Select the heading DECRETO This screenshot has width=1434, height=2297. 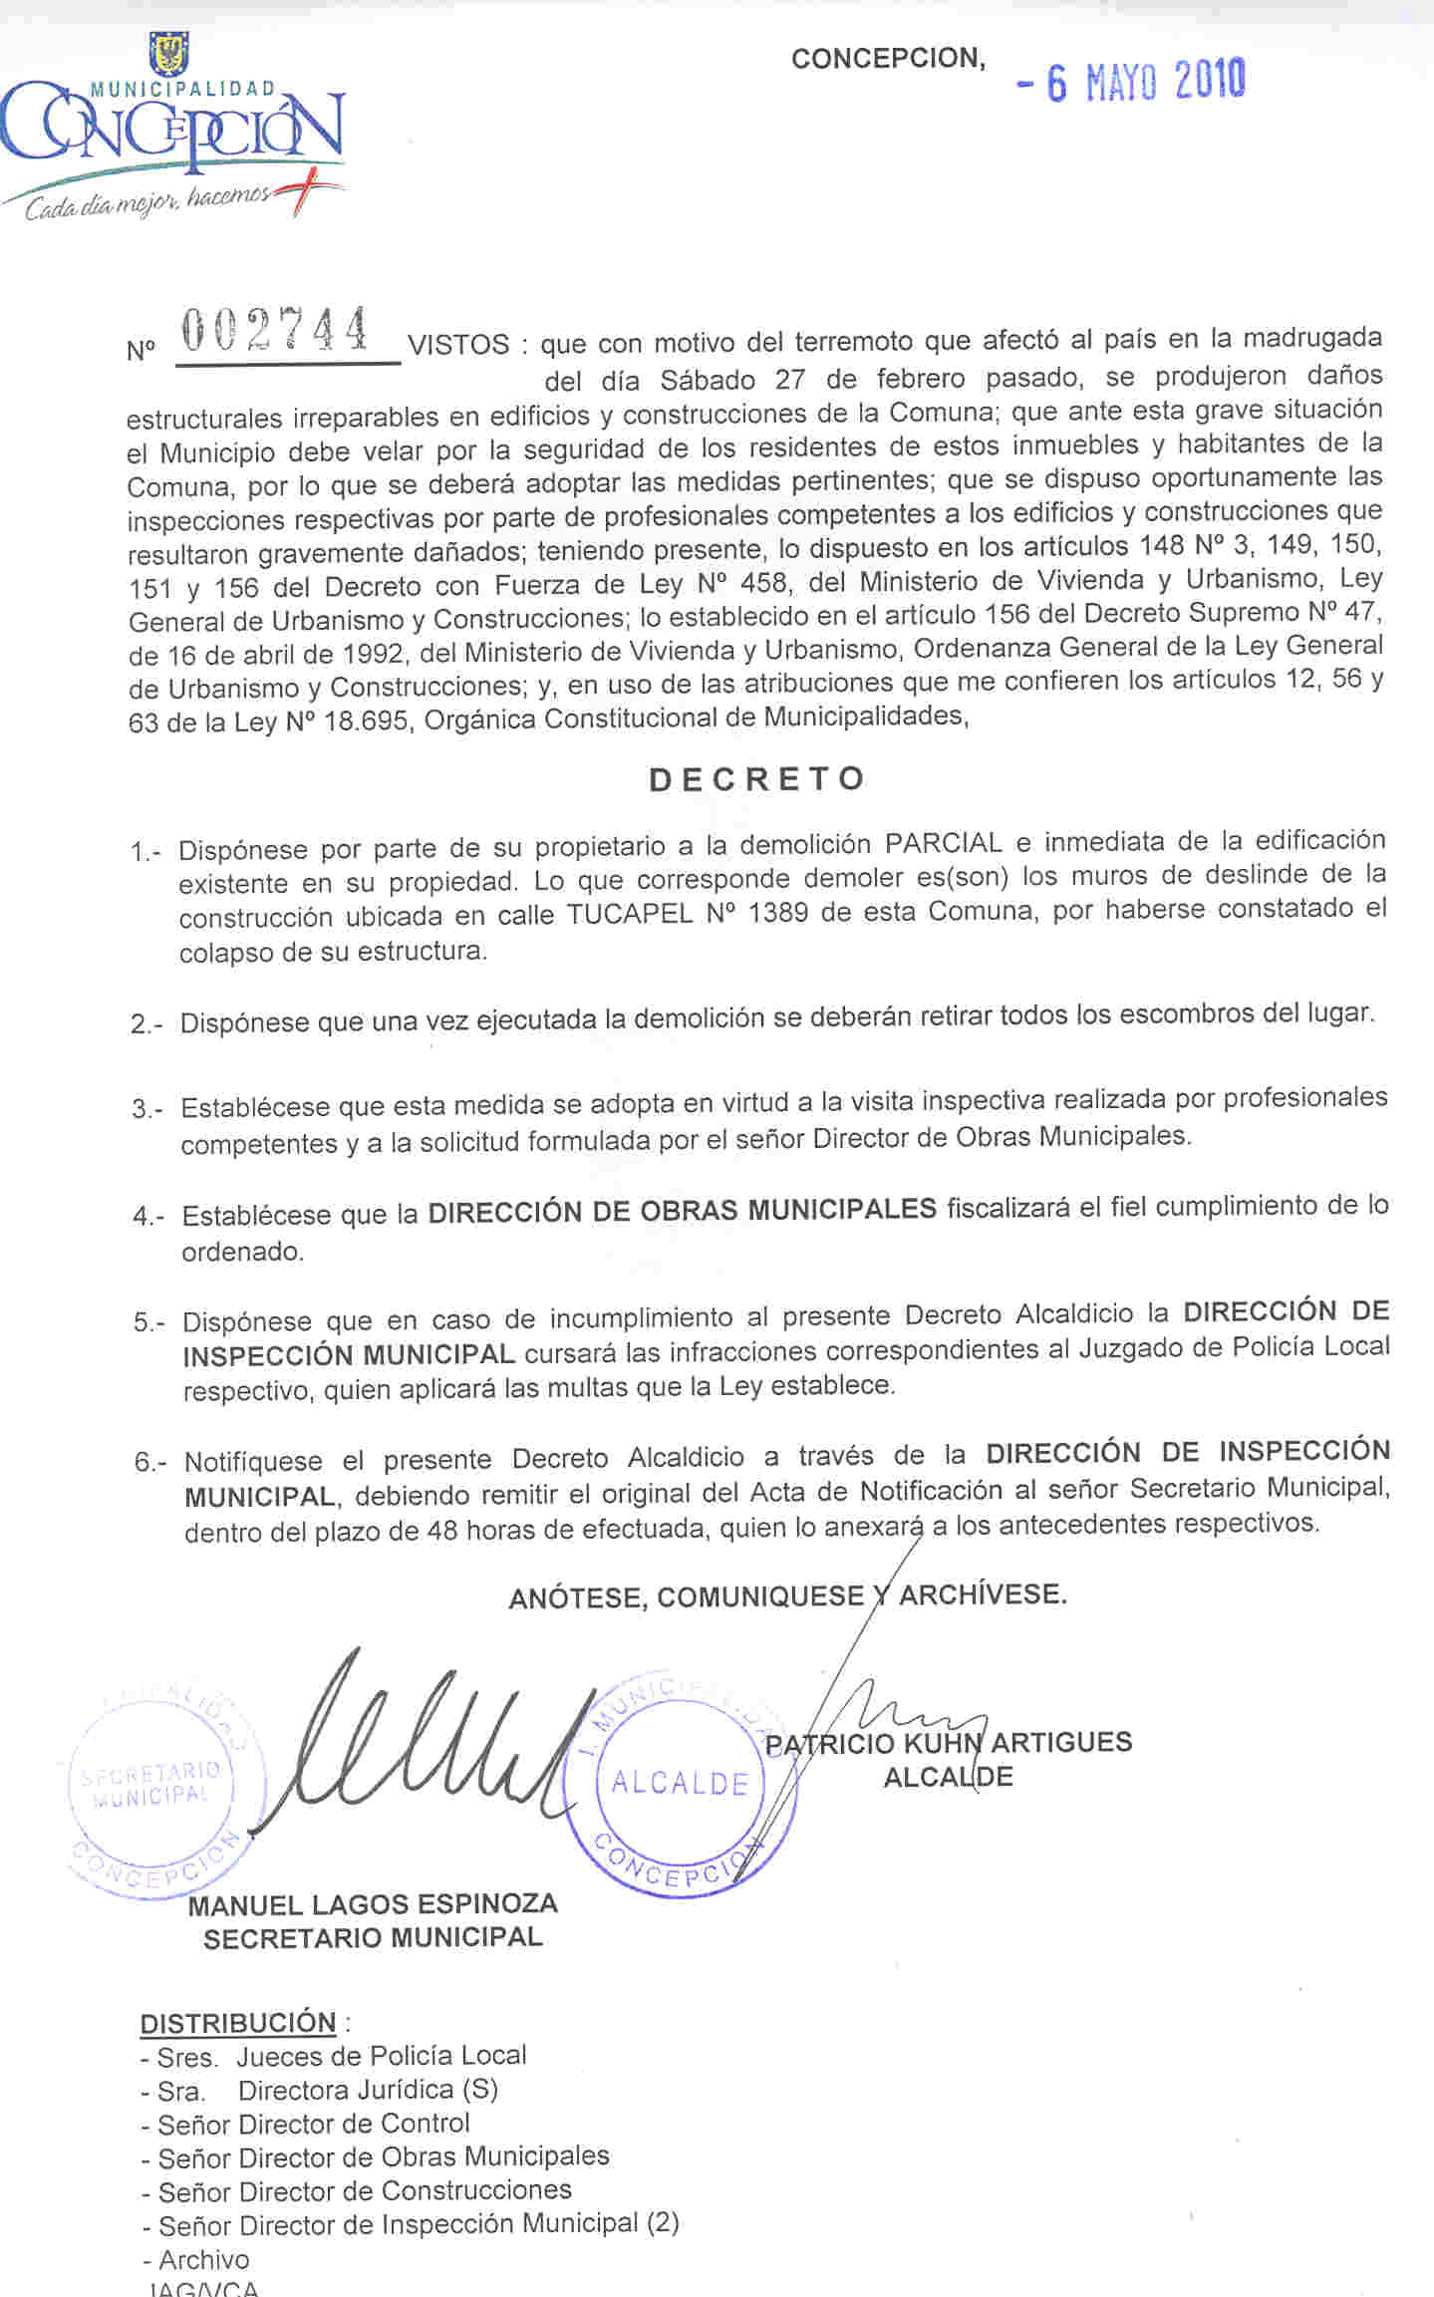point(756,779)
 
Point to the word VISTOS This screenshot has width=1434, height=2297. point(458,346)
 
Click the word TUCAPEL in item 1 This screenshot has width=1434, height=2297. point(629,915)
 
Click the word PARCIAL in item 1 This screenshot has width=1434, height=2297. point(943,843)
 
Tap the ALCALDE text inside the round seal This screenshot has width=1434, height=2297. point(680,1783)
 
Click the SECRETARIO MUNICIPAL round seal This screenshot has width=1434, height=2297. point(151,1785)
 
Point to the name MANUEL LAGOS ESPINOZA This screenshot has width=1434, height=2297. point(373,1904)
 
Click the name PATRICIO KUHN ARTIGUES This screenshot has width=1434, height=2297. point(948,1743)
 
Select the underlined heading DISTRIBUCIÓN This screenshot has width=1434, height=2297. point(238,2024)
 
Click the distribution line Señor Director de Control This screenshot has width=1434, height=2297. point(313,2124)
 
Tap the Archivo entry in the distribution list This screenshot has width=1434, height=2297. point(203,2259)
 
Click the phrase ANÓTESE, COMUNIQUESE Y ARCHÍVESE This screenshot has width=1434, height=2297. point(787,1595)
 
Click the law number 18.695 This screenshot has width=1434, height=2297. point(365,720)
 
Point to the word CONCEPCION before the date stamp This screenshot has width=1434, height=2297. point(888,59)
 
